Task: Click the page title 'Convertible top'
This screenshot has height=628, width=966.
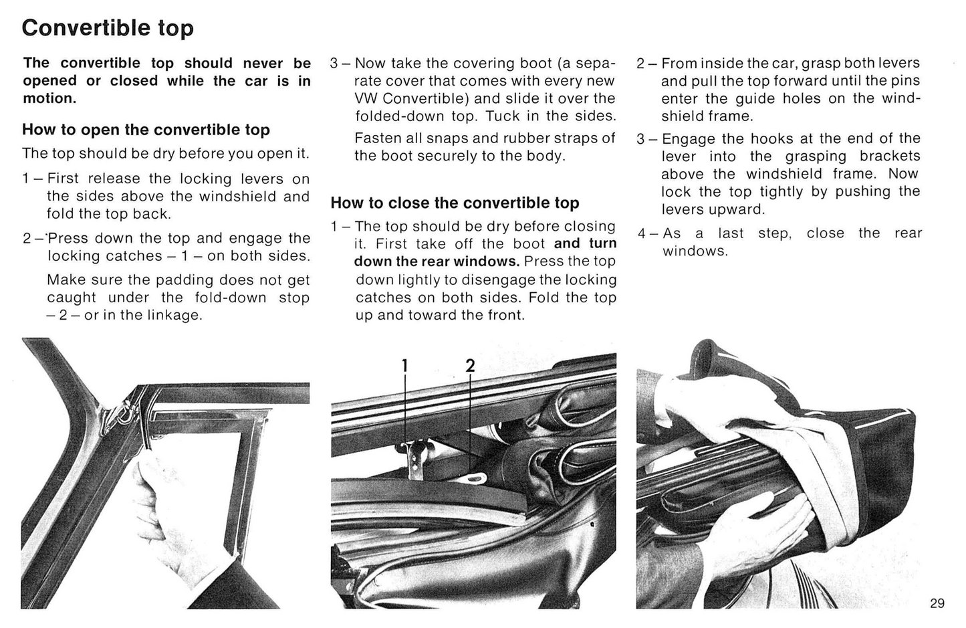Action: (108, 28)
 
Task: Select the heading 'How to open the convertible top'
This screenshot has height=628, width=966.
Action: (146, 130)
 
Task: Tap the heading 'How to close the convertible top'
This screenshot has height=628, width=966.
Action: (455, 203)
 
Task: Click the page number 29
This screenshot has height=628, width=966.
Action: (937, 603)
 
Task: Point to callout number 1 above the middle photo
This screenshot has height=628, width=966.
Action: (404, 366)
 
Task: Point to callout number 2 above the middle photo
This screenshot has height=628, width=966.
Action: (470, 366)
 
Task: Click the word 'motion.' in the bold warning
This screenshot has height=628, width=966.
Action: (49, 98)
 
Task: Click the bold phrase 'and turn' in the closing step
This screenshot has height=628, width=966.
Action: (585, 243)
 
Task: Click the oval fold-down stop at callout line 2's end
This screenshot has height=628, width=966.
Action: (476, 477)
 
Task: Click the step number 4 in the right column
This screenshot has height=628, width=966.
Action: (641, 234)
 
